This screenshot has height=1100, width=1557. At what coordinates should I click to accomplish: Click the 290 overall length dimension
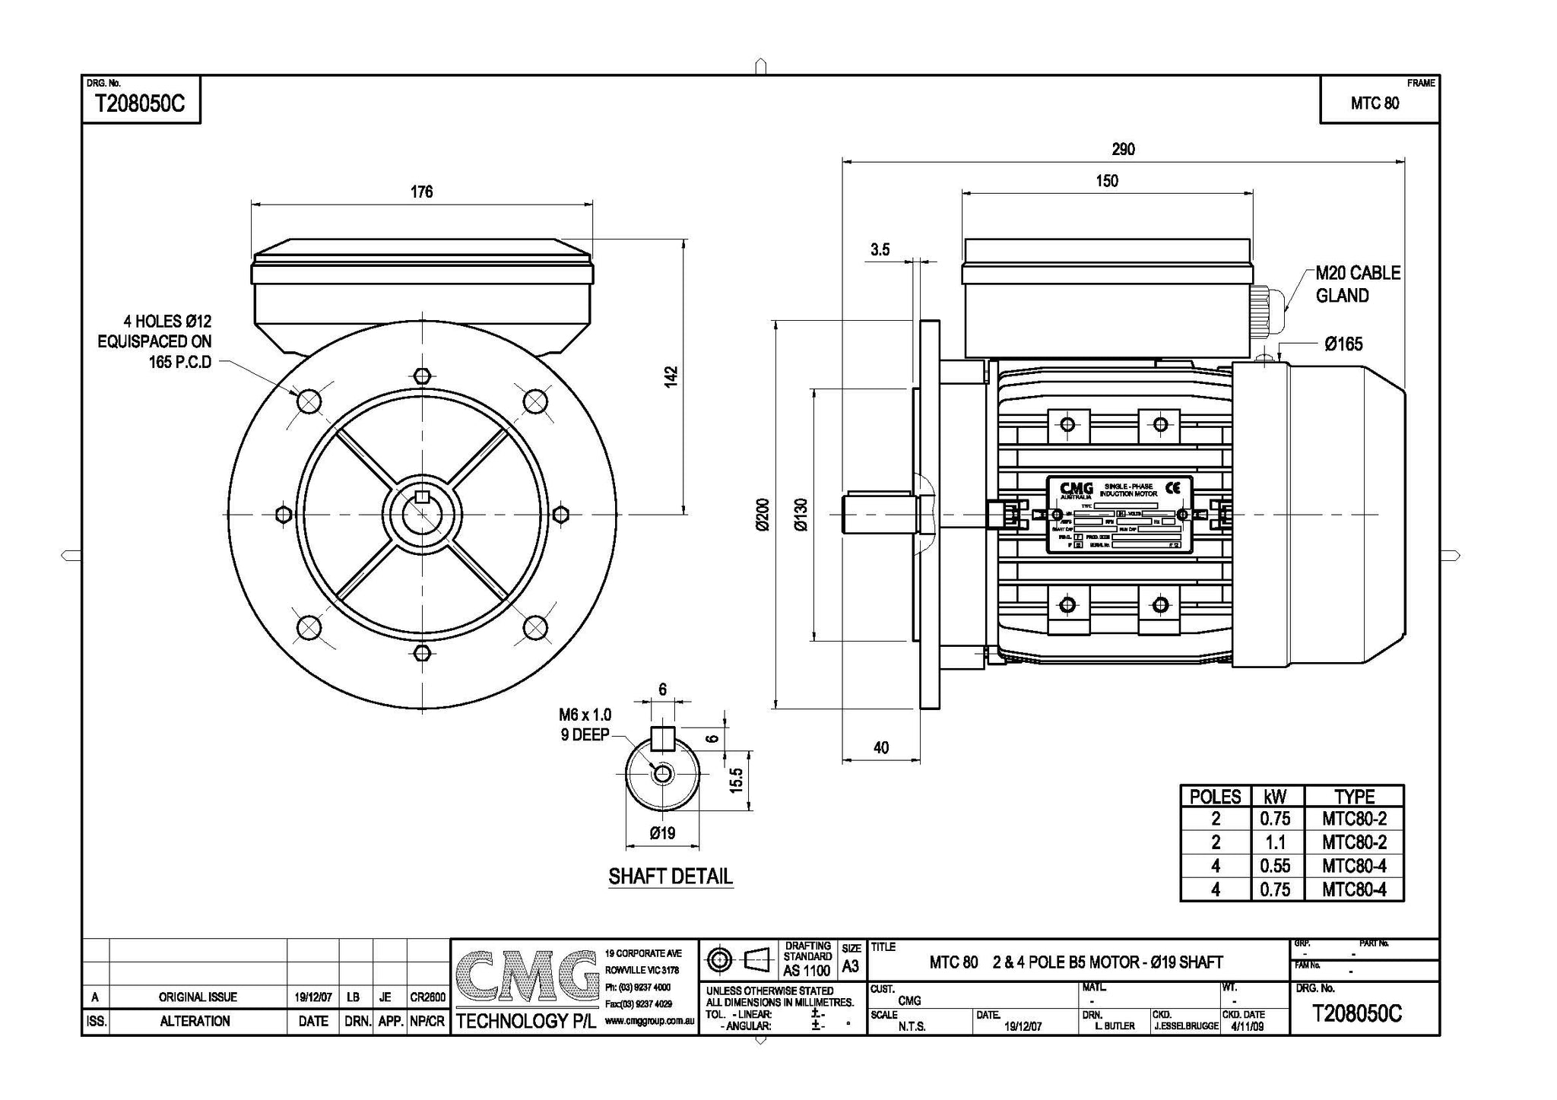click(x=1123, y=150)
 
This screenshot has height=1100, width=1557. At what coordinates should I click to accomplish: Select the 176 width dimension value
click(x=421, y=192)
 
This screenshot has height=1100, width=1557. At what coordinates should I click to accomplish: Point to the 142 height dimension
click(x=671, y=376)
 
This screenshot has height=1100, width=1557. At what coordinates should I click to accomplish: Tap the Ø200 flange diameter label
click(x=763, y=515)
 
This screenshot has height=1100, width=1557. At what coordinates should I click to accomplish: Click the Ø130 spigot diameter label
click(x=801, y=515)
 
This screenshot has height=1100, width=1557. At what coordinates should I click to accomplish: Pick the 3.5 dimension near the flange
click(x=880, y=249)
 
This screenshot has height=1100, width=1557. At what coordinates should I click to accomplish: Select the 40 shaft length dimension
click(x=880, y=748)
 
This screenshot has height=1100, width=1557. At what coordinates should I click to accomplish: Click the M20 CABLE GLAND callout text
click(x=1357, y=284)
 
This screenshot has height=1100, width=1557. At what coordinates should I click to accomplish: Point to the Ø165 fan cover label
click(x=1343, y=344)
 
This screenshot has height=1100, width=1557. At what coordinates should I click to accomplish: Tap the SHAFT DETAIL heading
click(x=670, y=877)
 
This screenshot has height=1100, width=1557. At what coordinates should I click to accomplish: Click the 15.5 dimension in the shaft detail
click(x=736, y=779)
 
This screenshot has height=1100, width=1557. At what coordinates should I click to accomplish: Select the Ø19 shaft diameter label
click(x=662, y=833)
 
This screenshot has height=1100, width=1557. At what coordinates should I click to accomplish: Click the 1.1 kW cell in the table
click(x=1275, y=842)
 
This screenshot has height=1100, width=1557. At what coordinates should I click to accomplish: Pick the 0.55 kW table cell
click(x=1275, y=866)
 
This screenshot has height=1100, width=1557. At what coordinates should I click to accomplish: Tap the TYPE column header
click(x=1354, y=797)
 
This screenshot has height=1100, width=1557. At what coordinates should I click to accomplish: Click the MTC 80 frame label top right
click(x=1375, y=103)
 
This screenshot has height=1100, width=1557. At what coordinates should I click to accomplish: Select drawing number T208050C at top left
click(x=139, y=103)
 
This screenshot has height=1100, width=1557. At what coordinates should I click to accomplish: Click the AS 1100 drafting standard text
click(x=807, y=971)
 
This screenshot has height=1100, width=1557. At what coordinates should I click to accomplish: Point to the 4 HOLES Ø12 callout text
click(x=167, y=322)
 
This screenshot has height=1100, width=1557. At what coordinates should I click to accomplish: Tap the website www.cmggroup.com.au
click(x=650, y=1022)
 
